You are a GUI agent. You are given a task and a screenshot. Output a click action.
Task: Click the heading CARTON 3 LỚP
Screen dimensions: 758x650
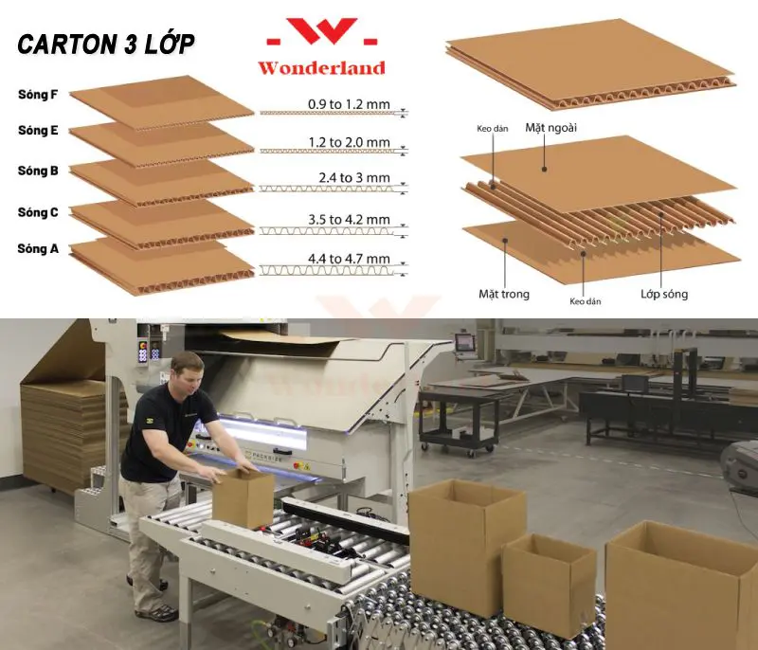[x=106, y=44]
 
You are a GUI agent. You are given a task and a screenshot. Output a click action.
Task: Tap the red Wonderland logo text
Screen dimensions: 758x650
[x=321, y=67]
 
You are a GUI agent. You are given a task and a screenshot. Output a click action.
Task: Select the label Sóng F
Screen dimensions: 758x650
[x=38, y=94]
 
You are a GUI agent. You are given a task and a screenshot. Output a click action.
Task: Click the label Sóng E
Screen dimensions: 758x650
[x=38, y=131]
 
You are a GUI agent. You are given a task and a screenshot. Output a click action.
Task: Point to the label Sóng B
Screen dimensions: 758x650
[x=38, y=171]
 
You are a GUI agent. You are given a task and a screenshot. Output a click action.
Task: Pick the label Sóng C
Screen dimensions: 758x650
[x=38, y=212]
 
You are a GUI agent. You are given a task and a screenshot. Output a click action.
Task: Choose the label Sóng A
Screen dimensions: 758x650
[x=38, y=249]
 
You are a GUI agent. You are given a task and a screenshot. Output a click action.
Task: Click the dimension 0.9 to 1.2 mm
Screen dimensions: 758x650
[x=349, y=104]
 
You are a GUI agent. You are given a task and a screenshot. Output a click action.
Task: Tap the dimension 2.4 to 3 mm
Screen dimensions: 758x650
[x=353, y=178]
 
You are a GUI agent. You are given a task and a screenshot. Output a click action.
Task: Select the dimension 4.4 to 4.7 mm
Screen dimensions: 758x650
[x=349, y=259]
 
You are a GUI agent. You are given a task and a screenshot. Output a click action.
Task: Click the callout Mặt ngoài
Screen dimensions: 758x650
[x=551, y=128]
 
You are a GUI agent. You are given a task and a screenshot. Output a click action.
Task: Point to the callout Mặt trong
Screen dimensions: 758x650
[x=504, y=294]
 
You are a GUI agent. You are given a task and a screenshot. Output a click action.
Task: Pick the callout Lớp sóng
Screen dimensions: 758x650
[x=664, y=294]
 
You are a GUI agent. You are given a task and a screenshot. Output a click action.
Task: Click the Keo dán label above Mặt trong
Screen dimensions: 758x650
[x=492, y=129]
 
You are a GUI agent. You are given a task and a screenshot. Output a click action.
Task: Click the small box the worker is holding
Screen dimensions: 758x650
[x=244, y=497]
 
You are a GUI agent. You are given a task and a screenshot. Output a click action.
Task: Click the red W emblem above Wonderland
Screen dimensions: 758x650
[x=322, y=32]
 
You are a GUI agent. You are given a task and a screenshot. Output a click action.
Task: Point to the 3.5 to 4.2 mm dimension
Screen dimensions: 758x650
[x=349, y=220]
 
